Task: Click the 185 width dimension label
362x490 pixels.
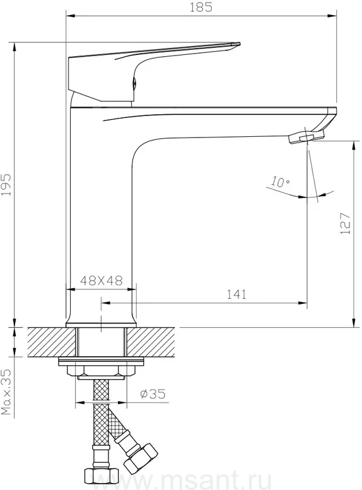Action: (201, 7)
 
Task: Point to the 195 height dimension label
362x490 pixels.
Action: (6, 185)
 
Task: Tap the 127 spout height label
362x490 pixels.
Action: (346, 223)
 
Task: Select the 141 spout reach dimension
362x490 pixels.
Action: (236, 295)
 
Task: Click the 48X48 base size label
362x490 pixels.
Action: (102, 281)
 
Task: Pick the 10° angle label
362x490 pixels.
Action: (280, 182)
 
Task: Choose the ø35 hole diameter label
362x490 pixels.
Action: (153, 394)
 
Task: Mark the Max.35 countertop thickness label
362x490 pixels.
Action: (6, 392)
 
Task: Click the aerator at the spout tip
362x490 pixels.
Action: (307, 137)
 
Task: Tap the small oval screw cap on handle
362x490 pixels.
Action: (134, 83)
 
